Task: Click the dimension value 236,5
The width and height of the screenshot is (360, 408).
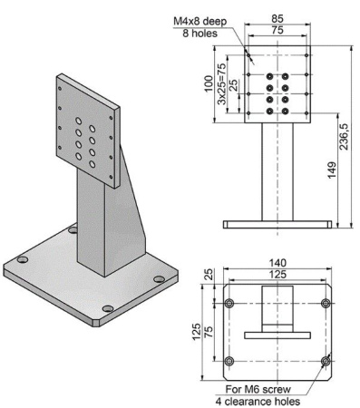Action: [x=345, y=133]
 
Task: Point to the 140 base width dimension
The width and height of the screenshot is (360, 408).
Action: [x=277, y=262]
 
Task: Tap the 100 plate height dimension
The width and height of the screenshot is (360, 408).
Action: [x=207, y=82]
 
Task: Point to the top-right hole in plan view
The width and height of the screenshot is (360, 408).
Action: [x=326, y=302]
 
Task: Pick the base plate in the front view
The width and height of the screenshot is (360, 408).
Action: [x=277, y=223]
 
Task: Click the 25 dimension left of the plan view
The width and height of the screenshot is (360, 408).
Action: [x=208, y=274]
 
